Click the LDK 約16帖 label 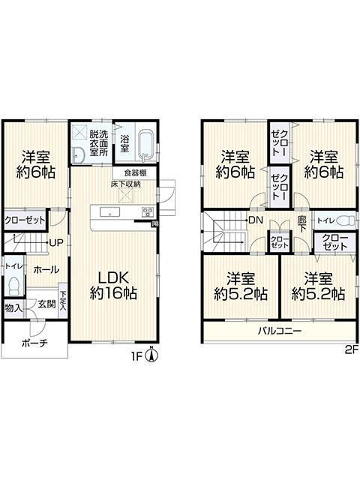pos(113,285)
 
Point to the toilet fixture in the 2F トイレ pos(345,220)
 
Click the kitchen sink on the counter pos(110,211)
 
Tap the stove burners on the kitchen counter pos(148,211)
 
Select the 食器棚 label pos(135,173)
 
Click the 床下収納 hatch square pos(126,196)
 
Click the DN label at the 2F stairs pos(256,220)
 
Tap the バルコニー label pos(280,331)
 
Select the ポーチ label pos(34,343)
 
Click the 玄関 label pos(46,304)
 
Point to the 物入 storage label pos(13,308)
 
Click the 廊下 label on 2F pos(301,224)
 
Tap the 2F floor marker pos(352,350)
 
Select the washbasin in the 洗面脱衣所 pos(79,154)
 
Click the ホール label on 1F pos(46,270)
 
